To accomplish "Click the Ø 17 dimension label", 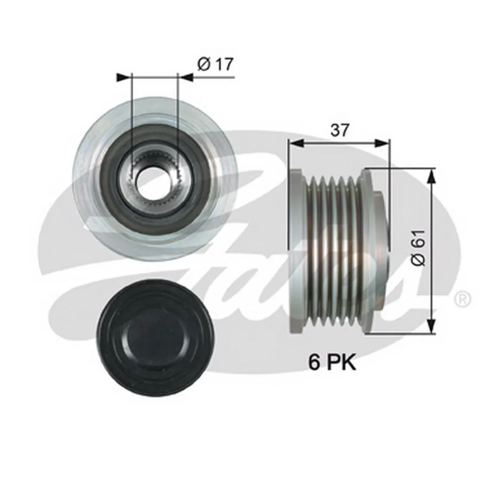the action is tap(215, 64).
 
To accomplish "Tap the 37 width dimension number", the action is tap(340, 130).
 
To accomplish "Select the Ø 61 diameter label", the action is tap(418, 247).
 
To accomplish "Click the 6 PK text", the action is tap(332, 363).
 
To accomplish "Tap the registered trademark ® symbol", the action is tap(463, 299).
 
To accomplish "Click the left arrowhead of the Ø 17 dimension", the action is tap(124, 77).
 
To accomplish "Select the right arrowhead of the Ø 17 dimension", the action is tap(185, 77).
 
